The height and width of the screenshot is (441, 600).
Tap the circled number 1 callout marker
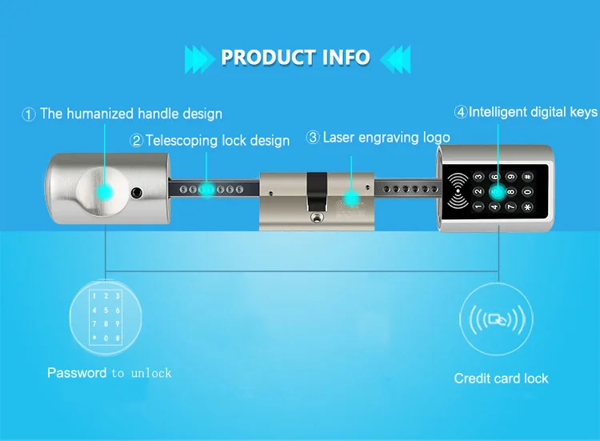point(29,114)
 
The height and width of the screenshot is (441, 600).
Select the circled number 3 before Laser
point(313,138)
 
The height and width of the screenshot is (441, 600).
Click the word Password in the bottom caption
point(77,373)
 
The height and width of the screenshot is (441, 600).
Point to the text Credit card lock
point(501,379)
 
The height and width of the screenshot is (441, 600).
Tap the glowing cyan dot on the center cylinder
point(350,197)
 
